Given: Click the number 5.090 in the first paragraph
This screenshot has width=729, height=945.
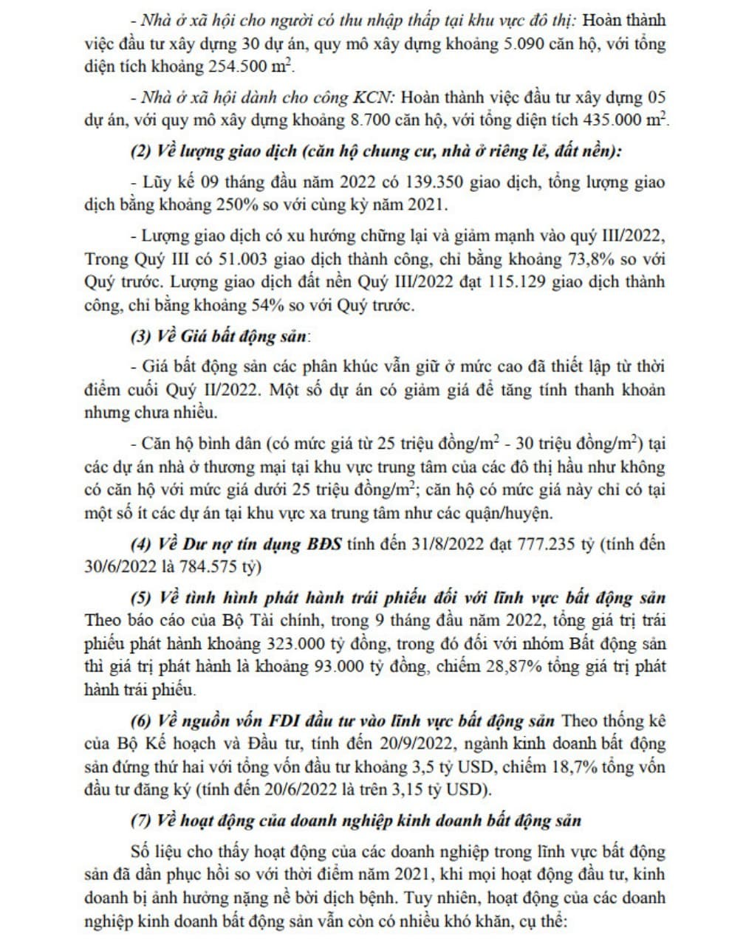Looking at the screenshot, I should click(x=524, y=44).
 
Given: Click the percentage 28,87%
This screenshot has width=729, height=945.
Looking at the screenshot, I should click(x=516, y=667).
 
